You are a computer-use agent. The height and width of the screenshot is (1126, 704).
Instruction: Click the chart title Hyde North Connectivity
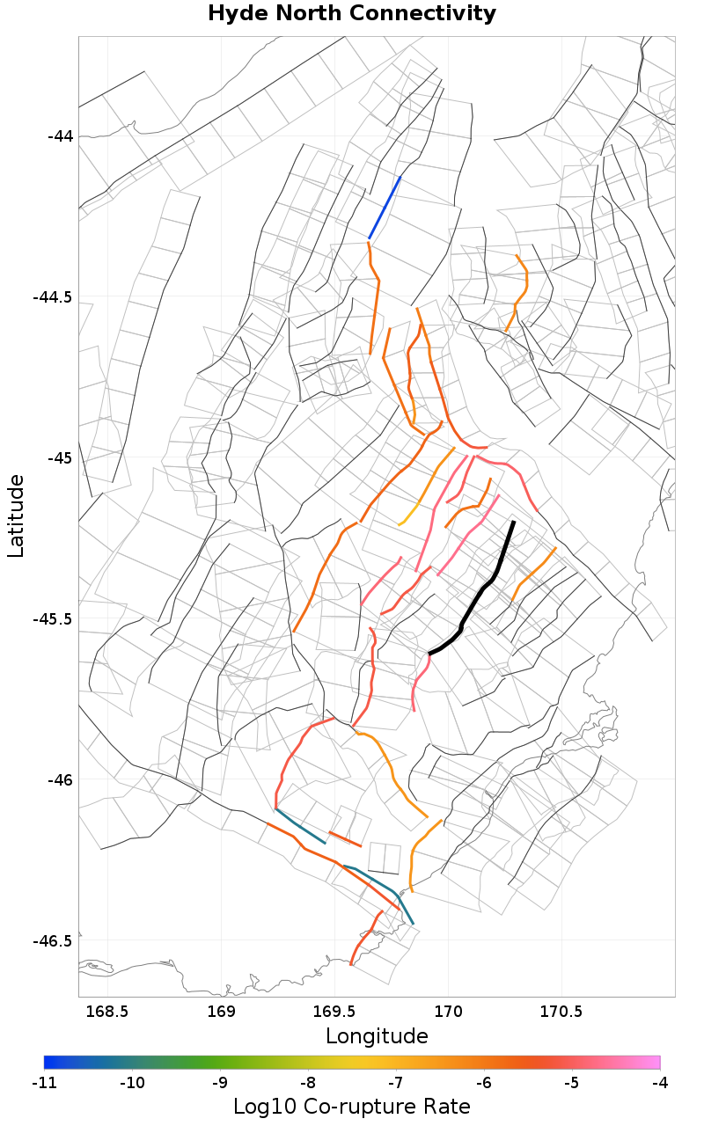pos(352,14)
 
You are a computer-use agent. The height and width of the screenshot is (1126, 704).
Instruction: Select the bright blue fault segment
pos(385,208)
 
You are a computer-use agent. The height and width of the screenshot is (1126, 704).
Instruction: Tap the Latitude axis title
pos(16,515)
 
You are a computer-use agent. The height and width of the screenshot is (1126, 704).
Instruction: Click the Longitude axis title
pos(377,1035)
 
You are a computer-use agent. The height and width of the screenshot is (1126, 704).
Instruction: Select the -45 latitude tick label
pos(61,457)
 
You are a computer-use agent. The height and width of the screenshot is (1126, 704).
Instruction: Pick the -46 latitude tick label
pos(61,779)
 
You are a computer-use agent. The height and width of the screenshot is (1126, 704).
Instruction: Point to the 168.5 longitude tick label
pos(108,1012)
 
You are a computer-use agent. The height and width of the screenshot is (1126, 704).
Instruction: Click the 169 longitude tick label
pos(222,1012)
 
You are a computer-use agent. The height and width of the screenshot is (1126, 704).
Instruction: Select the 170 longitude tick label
pos(449,1012)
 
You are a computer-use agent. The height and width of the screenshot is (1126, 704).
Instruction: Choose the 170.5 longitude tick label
pos(562,1012)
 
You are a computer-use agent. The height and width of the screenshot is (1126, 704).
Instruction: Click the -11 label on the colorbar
pos(44,1082)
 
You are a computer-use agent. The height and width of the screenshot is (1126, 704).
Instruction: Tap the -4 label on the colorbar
pos(659,1082)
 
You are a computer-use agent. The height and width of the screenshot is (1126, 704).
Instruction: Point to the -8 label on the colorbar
pos(307,1082)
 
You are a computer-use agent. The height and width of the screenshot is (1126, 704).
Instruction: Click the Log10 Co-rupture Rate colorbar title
pos(352,1106)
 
